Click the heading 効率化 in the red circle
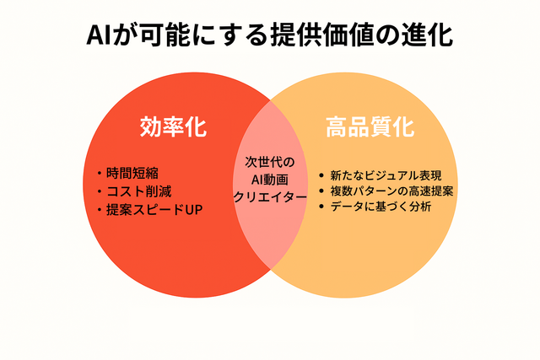click(173, 126)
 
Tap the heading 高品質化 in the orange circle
click(370, 126)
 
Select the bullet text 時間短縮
click(132, 173)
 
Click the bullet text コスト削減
click(138, 191)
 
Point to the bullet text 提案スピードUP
click(154, 210)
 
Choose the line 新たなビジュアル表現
click(386, 175)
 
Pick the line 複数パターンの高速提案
click(391, 191)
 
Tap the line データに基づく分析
click(381, 207)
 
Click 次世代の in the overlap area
click(270, 162)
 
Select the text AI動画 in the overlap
click(270, 180)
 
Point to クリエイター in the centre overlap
click(270, 197)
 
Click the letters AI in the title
click(98, 35)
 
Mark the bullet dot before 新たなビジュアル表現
click(321, 176)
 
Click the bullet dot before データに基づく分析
click(321, 207)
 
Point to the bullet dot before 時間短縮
click(100, 173)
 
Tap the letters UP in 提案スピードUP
click(194, 210)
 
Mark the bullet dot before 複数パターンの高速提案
click(321, 191)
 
